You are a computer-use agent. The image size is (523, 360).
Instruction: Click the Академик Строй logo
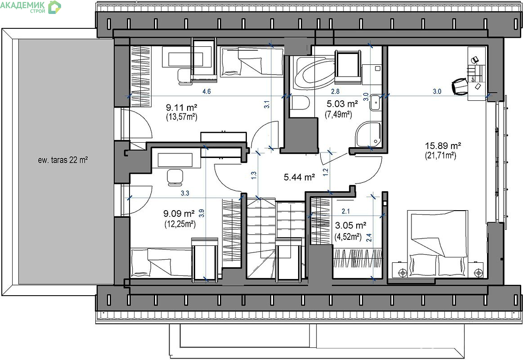tap(31, 7)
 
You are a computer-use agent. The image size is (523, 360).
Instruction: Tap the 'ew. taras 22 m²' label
tap(63, 160)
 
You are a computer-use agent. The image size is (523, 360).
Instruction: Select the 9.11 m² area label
tap(181, 108)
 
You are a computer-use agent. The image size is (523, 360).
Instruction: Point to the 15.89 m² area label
tap(443, 145)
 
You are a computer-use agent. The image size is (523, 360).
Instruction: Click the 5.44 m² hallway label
tap(299, 177)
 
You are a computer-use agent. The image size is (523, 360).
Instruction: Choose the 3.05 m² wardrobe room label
tap(351, 225)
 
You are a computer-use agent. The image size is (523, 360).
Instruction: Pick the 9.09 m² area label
tap(179, 213)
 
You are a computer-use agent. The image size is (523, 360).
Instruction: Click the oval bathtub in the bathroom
tap(313, 73)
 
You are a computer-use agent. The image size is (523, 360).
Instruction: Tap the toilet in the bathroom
tap(300, 103)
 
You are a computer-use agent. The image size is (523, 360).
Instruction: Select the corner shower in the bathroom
tap(368, 134)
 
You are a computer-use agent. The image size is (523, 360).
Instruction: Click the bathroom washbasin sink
tap(375, 102)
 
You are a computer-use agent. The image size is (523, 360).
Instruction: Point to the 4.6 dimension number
tap(207, 91)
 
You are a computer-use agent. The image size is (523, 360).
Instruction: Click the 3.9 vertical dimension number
tap(201, 213)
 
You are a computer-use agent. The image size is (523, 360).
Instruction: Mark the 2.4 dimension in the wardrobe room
tap(369, 238)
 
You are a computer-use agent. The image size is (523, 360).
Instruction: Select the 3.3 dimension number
tap(185, 193)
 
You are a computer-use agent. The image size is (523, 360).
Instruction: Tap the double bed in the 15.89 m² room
tap(438, 243)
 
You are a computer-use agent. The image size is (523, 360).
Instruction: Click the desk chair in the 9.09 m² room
tap(175, 177)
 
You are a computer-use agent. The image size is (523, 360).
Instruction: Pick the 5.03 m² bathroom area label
tap(342, 104)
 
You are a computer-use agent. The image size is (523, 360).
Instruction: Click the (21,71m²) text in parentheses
tap(441, 155)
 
